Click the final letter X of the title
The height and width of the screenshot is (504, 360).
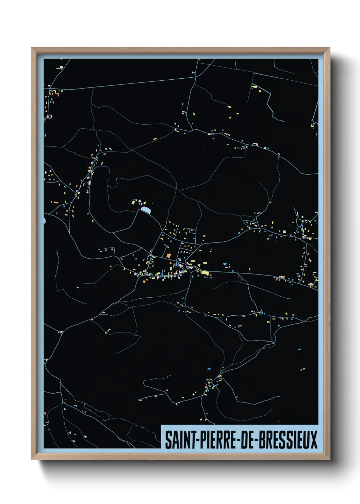tap(314, 440)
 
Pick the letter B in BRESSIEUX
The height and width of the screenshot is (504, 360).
tap(263, 440)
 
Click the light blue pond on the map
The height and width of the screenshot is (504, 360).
tap(146, 210)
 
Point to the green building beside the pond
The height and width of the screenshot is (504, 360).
tap(134, 202)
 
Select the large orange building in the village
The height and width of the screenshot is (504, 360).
tap(168, 255)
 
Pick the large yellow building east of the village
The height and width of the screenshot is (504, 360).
tap(205, 272)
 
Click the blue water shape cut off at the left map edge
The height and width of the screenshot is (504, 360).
tap(44, 221)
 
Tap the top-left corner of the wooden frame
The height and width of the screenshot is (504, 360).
tap(32, 48)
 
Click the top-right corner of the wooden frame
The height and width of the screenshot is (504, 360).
tap(329, 48)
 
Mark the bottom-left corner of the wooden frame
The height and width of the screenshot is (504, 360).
tap(32, 459)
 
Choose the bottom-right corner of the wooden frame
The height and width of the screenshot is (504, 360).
tap(329, 459)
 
